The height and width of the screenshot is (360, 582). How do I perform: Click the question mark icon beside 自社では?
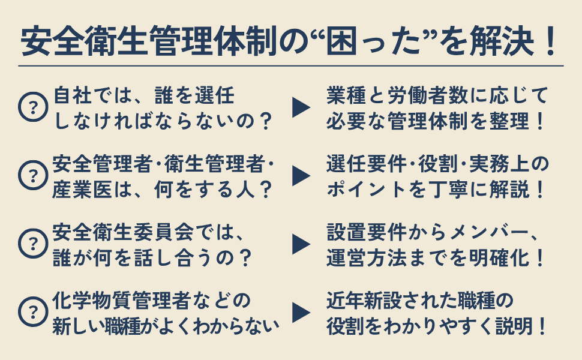click(x=33, y=107)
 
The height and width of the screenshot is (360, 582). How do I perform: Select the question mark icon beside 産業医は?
click(x=33, y=175)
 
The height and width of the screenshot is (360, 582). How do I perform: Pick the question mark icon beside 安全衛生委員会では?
click(x=33, y=244)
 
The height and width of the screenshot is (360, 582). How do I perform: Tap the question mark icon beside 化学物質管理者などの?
click(x=33, y=311)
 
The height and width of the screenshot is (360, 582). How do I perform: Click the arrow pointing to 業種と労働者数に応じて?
click(x=301, y=107)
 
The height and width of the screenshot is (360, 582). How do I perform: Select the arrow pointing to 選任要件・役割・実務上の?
click(x=301, y=176)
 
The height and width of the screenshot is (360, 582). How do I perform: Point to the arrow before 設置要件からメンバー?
click(x=301, y=244)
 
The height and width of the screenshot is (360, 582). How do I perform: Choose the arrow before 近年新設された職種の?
click(x=301, y=312)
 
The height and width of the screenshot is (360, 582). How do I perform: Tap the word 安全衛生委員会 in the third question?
click(x=123, y=232)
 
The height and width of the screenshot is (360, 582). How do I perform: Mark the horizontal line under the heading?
click(x=291, y=67)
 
